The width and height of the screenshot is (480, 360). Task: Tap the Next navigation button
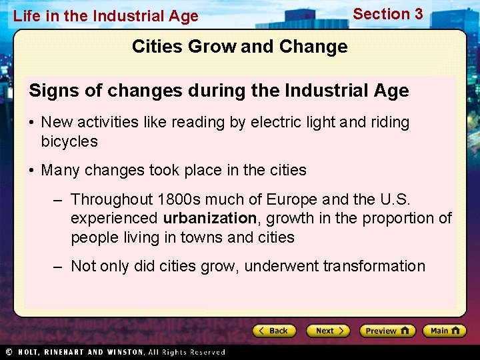click(x=328, y=331)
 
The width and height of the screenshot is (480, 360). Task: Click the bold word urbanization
click(x=210, y=218)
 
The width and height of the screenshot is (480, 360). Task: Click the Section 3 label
click(x=387, y=14)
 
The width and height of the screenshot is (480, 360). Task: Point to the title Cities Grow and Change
click(x=239, y=47)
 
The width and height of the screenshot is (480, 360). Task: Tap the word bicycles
click(x=69, y=141)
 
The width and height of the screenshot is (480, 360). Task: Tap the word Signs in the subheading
click(x=51, y=91)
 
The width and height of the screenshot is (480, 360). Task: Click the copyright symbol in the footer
click(x=9, y=352)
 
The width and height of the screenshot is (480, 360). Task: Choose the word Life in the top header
click(x=27, y=16)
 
